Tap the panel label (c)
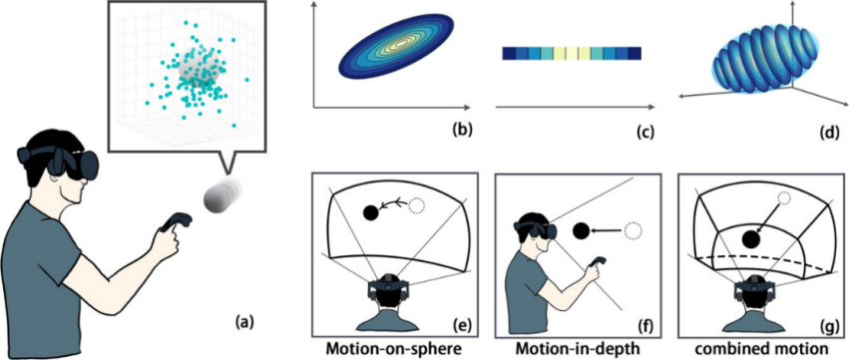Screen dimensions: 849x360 tap(645, 131)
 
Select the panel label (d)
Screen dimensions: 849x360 tap(828, 131)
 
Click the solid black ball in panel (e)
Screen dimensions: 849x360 tap(371, 212)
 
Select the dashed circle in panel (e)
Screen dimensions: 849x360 tap(417, 206)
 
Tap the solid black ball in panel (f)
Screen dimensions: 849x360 tap(581, 231)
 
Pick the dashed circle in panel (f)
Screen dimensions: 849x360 tap(632, 231)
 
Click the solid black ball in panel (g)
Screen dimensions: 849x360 tap(751, 238)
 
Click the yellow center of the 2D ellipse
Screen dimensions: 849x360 tap(402, 43)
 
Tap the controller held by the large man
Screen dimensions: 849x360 tap(175, 222)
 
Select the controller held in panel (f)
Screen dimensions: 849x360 tap(599, 264)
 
